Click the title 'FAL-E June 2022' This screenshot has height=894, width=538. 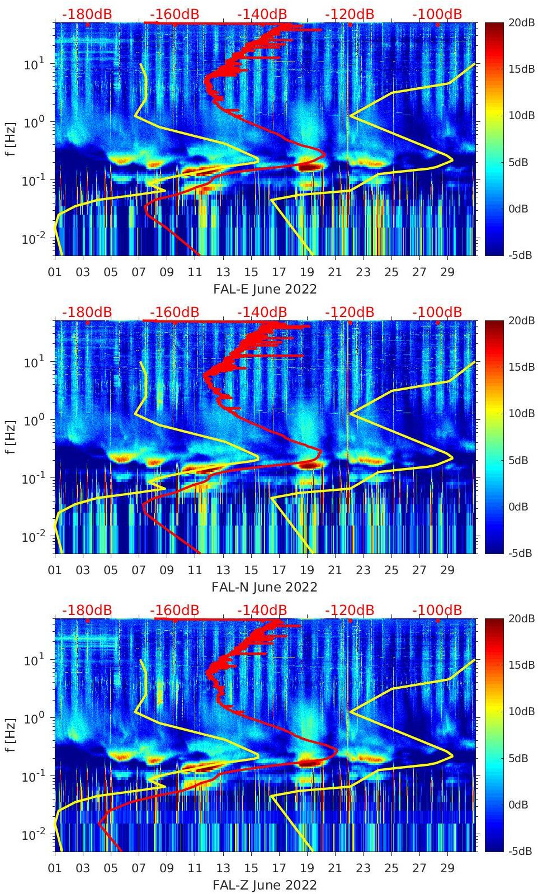point(265,290)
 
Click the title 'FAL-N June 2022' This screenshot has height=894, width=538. point(265,588)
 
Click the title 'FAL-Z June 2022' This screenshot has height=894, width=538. point(265,886)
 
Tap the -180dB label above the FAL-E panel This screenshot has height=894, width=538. point(87,15)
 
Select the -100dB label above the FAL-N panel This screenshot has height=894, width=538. point(437,313)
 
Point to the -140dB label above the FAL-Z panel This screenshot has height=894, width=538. point(262,611)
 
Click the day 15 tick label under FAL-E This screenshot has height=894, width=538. point(251,272)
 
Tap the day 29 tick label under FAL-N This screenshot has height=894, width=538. point(447,570)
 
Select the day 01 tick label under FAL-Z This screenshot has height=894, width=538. point(55,868)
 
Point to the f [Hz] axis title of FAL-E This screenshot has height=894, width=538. point(10,139)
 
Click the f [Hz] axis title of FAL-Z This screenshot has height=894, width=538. point(10,735)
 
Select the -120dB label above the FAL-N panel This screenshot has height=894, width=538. point(350,313)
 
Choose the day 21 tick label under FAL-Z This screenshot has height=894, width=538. point(335,868)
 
